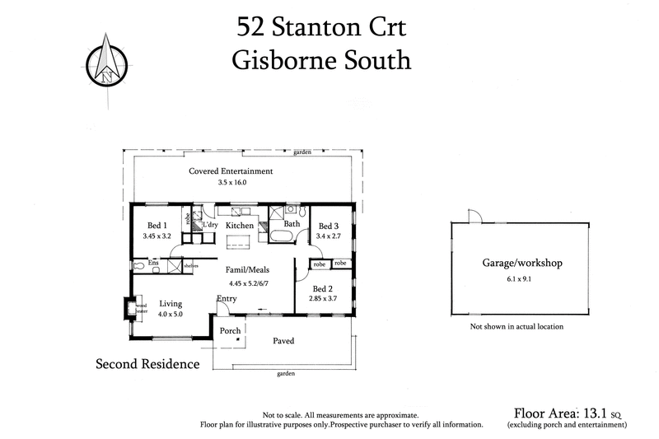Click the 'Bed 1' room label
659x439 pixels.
pos(157,227)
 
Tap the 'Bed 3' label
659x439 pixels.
pos(329,227)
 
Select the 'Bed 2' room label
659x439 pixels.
pos(324,288)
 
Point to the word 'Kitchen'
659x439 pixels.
pos(240,226)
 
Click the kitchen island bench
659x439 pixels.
pos(240,241)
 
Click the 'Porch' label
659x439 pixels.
pos(230,331)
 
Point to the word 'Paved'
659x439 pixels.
pos(283,340)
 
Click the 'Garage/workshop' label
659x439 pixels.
pos(521,264)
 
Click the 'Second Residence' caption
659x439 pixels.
pos(147,363)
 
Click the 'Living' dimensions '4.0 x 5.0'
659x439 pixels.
pos(171,314)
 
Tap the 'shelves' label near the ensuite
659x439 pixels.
pos(191,265)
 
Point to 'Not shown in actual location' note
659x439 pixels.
pos(516,327)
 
